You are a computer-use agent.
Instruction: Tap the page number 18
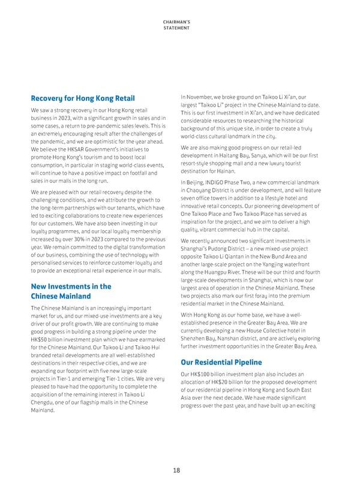coord(176,471)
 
